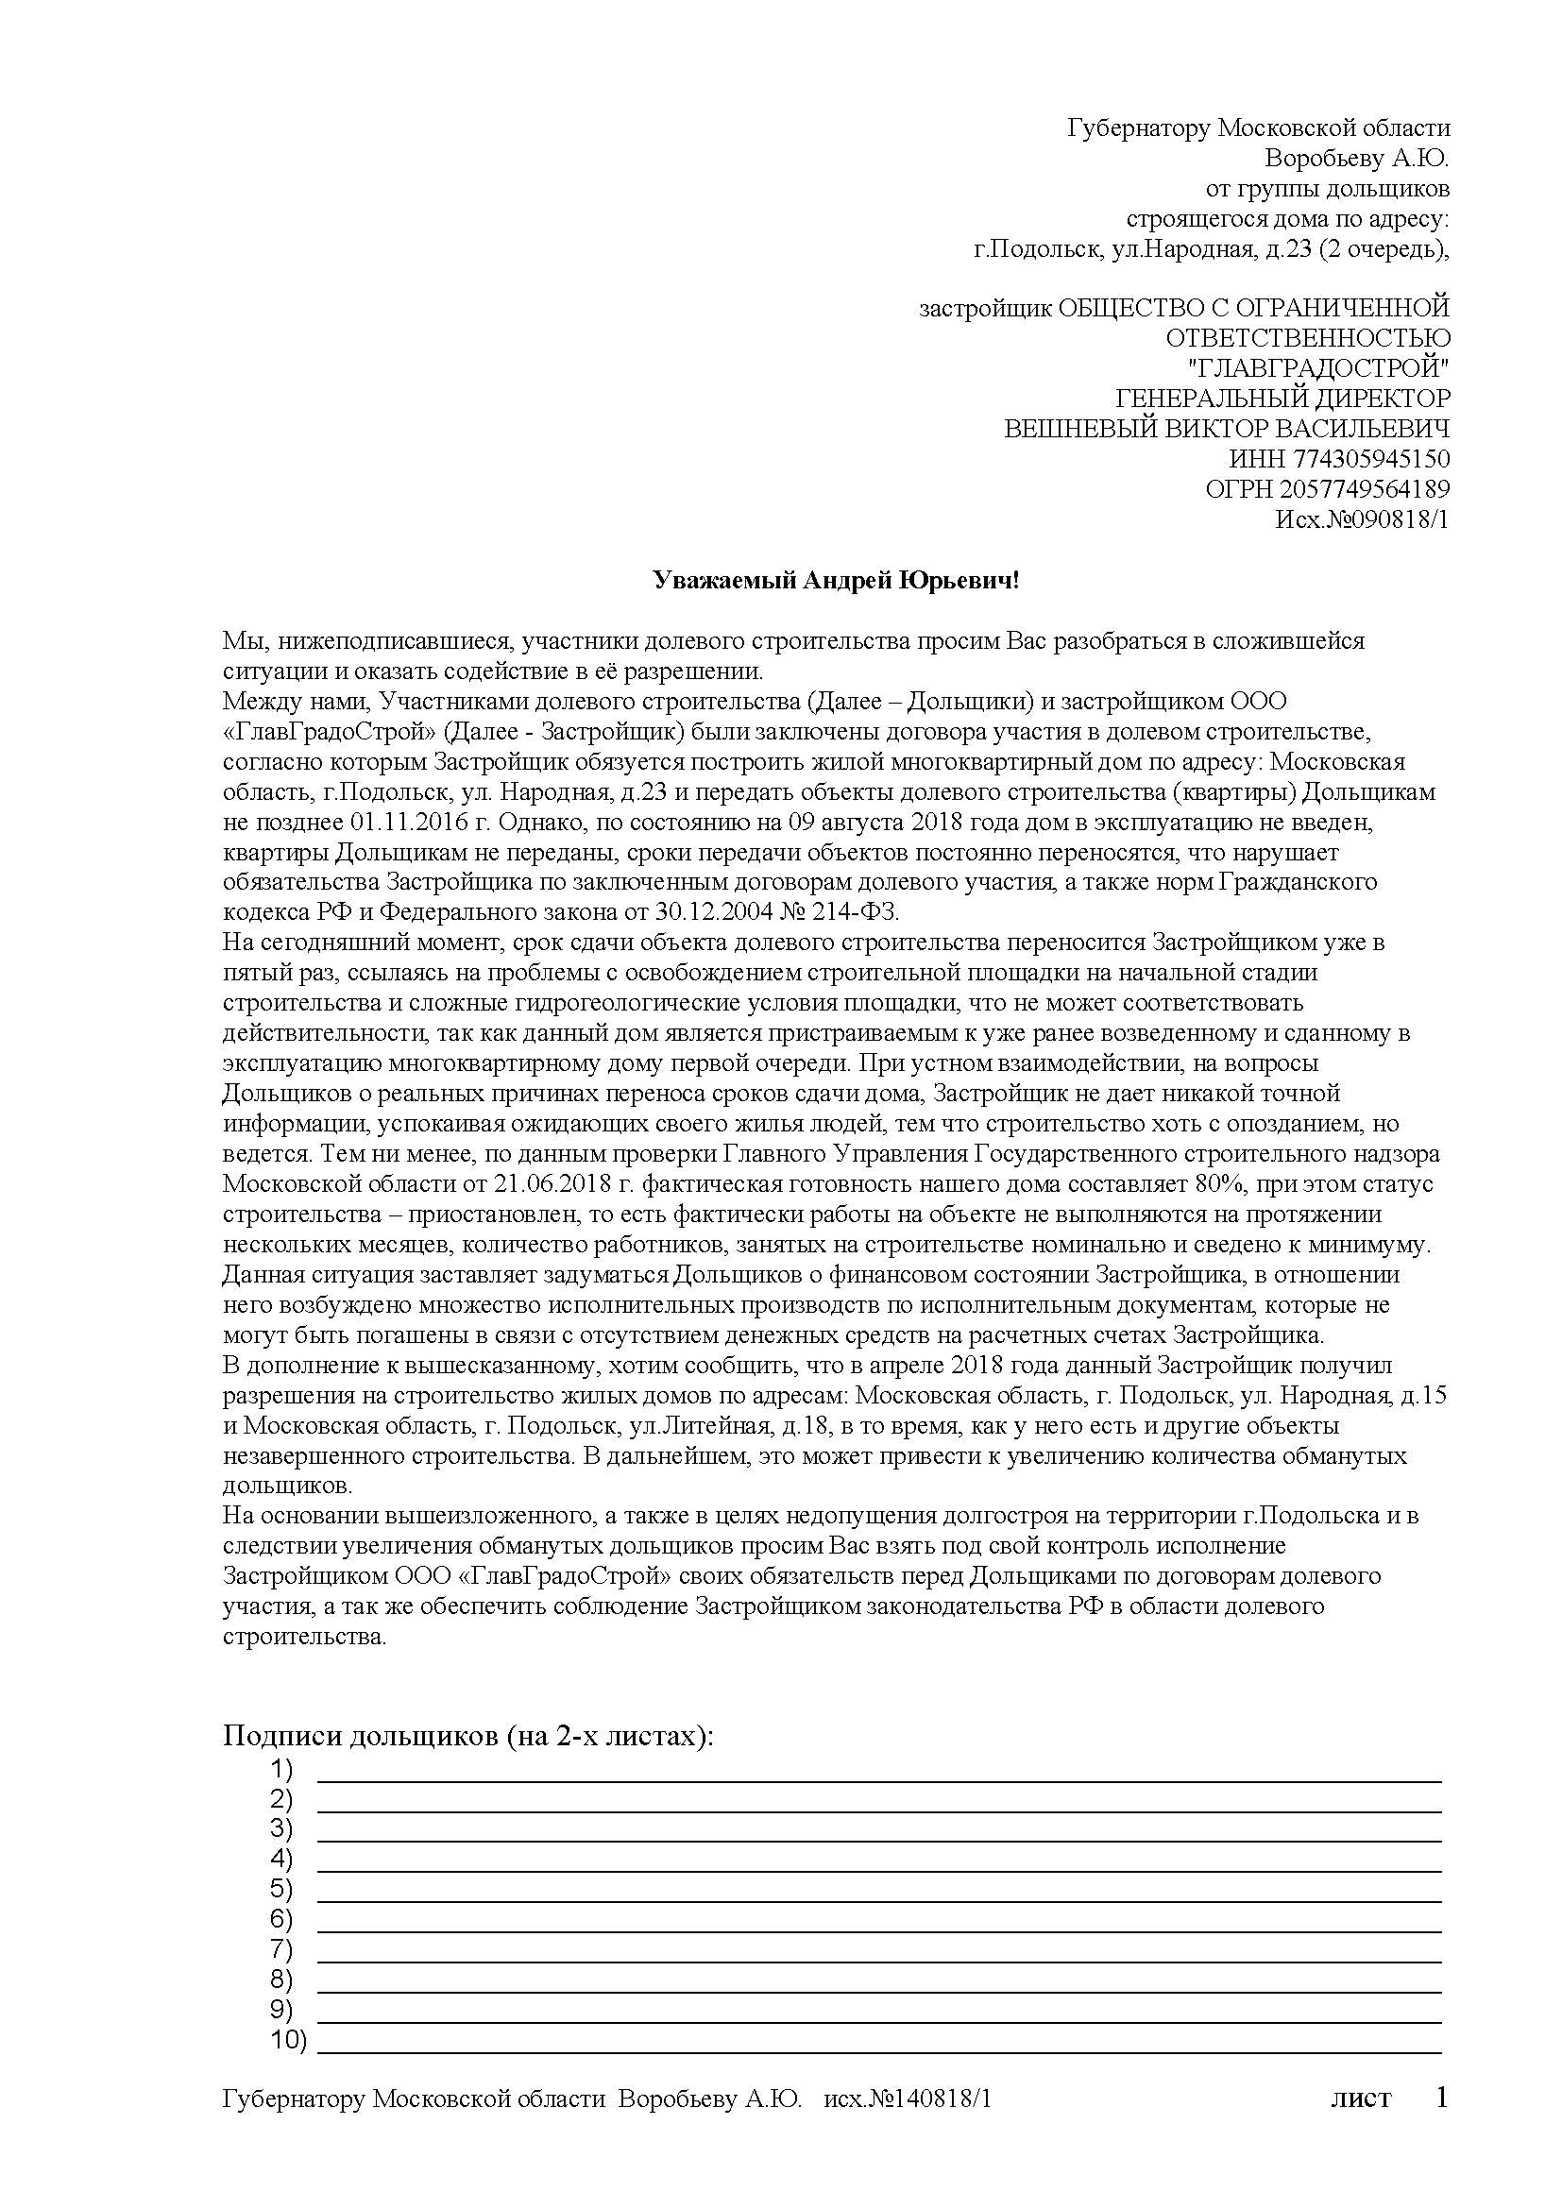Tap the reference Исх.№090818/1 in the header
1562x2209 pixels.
pos(1361,519)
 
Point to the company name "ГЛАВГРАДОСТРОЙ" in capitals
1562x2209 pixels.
pos(1318,367)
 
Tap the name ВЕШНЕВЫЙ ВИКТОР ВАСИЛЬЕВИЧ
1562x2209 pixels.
pos(1227,428)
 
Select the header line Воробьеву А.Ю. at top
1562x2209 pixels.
pos(1356,158)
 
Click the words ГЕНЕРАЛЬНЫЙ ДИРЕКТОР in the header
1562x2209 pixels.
pos(1282,399)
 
